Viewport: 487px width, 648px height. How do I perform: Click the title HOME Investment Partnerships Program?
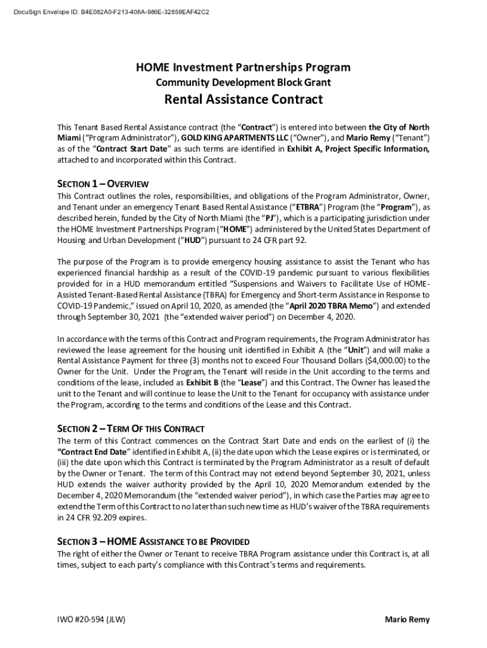244,68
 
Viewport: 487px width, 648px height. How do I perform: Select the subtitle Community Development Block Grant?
244,83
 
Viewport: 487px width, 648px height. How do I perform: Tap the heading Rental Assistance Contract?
244,99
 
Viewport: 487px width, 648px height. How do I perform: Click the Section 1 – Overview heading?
102,184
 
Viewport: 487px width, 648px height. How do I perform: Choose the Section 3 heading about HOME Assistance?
153,542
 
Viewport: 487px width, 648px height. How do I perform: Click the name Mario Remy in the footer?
407,620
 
